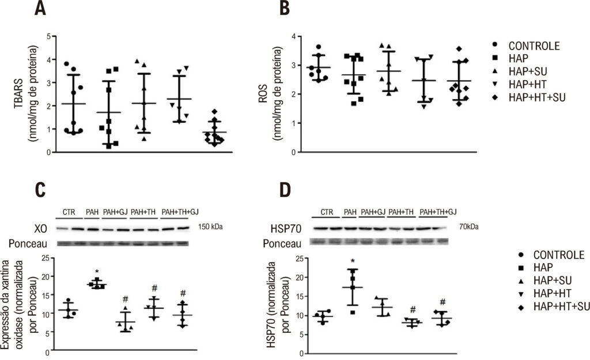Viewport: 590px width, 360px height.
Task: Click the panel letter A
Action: pyautogui.click(x=40, y=8)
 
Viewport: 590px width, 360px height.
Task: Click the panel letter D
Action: pyautogui.click(x=285, y=190)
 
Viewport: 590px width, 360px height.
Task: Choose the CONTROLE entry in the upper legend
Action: pyautogui.click(x=534, y=46)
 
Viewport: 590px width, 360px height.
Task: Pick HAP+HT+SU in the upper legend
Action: pyautogui.click(x=537, y=97)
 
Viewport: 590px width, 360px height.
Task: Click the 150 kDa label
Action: pyautogui.click(x=210, y=227)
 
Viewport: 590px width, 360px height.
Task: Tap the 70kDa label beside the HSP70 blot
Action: pyautogui.click(x=469, y=227)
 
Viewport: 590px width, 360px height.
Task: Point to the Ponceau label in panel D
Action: pyautogui.click(x=282, y=244)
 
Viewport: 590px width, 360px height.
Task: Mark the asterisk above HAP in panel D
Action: pyautogui.click(x=353, y=262)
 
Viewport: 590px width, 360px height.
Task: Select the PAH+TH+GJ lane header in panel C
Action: pyautogui.click(x=180, y=212)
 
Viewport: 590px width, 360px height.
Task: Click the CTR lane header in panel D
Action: pyautogui.click(x=327, y=212)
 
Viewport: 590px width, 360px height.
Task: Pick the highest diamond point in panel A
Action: pyautogui.click(x=214, y=111)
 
